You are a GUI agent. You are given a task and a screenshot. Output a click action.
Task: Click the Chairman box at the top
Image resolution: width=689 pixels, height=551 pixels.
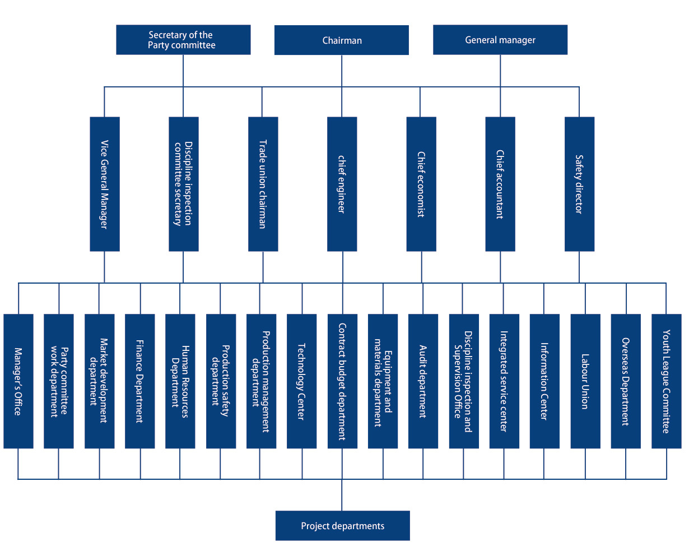(x=342, y=40)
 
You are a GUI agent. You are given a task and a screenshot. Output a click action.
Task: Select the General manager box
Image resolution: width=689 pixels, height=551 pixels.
(x=500, y=40)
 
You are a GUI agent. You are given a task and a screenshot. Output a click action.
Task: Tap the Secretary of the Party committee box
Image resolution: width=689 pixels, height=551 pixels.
(x=183, y=40)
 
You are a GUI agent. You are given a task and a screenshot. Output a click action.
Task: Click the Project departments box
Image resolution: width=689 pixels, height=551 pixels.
(x=343, y=526)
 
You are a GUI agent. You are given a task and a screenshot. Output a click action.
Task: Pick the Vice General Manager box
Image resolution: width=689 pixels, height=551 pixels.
(x=105, y=184)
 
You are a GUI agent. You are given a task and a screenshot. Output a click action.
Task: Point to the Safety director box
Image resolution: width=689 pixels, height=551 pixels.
(x=580, y=184)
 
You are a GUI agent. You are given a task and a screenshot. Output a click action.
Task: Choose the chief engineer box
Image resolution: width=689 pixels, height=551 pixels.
(x=342, y=184)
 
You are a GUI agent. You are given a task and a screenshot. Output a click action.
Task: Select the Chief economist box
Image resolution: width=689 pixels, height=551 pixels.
(x=421, y=184)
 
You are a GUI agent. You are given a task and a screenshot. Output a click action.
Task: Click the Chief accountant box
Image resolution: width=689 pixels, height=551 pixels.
(x=500, y=184)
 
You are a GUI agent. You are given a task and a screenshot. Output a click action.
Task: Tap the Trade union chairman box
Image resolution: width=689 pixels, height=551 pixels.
(x=263, y=184)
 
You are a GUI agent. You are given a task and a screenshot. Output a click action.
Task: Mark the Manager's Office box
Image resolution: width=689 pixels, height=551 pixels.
(x=18, y=381)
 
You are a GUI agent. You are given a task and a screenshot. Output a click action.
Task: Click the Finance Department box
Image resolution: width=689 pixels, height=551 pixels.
(x=139, y=381)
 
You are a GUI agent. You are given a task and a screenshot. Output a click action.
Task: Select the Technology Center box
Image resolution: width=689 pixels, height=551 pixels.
(x=301, y=381)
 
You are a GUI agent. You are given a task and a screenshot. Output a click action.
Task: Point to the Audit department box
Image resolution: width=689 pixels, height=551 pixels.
(x=423, y=381)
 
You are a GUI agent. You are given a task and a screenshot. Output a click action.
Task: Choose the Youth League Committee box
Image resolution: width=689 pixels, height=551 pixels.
(x=667, y=381)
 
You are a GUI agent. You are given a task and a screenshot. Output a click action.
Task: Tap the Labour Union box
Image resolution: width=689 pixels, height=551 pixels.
(x=585, y=381)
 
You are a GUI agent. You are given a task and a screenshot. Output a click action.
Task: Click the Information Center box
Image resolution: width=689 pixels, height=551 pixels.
(x=544, y=381)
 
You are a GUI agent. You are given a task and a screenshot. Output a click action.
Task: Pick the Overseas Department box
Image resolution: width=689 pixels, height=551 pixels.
(x=626, y=381)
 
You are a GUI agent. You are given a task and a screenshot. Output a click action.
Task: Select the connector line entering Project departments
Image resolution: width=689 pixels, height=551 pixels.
(x=342, y=495)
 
